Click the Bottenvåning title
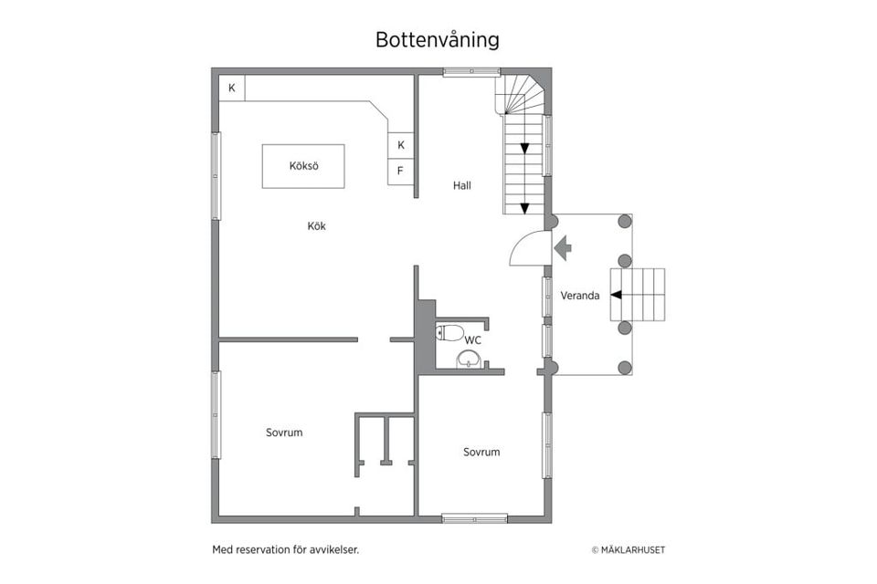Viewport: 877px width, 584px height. (x=437, y=40)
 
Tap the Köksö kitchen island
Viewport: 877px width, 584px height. (x=303, y=166)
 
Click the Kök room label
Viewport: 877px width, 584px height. (x=316, y=226)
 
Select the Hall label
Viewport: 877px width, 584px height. (x=462, y=185)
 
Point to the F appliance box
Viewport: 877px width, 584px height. (x=400, y=171)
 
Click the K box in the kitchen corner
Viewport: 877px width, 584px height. (x=232, y=88)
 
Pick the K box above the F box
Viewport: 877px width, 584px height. (x=400, y=145)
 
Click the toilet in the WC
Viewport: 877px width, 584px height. (x=449, y=332)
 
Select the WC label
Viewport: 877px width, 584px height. (x=473, y=340)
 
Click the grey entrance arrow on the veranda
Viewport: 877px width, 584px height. (x=563, y=247)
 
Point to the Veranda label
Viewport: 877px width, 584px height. (x=580, y=295)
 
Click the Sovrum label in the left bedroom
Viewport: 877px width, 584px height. (x=284, y=433)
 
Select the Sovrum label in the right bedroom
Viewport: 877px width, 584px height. (x=481, y=452)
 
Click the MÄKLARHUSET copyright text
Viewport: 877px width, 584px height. (x=628, y=550)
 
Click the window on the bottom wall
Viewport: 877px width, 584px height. (x=475, y=518)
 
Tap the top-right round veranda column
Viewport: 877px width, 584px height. (x=625, y=221)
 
